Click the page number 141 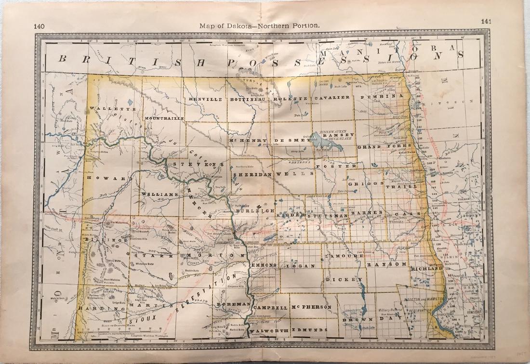point(486,21)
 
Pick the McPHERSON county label point(311,307)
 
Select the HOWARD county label point(109,178)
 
